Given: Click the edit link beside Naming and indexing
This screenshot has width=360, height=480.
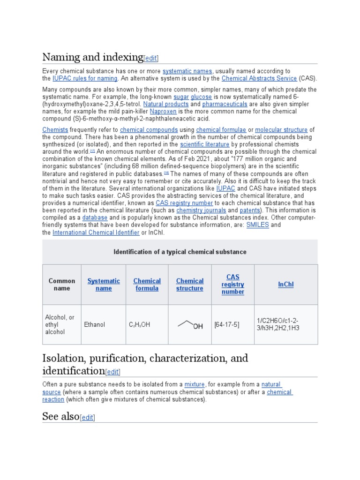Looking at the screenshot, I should pos(151,59).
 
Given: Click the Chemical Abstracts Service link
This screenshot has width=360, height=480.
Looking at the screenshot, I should pos(259,78).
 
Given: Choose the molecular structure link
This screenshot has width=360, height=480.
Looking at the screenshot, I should pos(281,130).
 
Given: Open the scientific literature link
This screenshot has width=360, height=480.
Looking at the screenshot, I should pos(205,145).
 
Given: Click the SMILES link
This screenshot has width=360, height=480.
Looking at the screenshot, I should pos(258,225).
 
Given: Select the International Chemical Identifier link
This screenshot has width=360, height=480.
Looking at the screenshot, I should pos(96,232).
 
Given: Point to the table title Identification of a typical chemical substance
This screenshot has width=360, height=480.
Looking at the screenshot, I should pos(180,252).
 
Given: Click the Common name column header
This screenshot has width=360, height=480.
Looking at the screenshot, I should pos(62,285).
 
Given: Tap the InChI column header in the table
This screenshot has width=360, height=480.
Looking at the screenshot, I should pos(285,285).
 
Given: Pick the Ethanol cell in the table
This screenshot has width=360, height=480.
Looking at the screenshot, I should pos(95,324).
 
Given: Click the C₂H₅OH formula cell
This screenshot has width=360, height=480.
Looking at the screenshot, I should pos(139,324).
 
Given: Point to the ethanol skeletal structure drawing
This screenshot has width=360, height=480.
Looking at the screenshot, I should pos(190,324).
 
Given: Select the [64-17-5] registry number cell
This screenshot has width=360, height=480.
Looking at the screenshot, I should pos(226,324).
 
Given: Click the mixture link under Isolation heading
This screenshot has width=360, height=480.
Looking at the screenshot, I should pos(195,384).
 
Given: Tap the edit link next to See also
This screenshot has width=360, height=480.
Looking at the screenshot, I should pos(88,418).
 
